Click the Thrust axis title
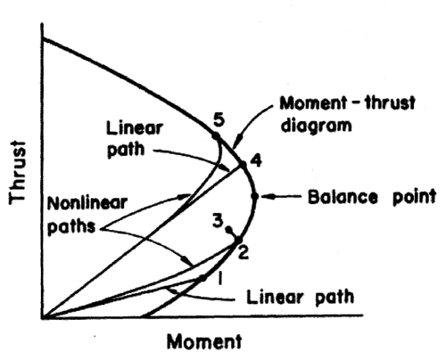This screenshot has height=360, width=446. point(17,172)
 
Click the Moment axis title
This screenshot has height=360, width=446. point(204,341)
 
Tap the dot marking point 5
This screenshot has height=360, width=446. point(216,136)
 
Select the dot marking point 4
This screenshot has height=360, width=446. point(244,164)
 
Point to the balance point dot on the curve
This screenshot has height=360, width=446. point(254,196)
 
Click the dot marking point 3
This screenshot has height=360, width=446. point(229,229)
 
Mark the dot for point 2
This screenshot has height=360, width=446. point(238,240)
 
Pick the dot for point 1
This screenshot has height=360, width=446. point(202,278)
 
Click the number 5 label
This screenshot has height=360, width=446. point(219,120)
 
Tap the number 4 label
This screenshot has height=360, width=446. point(256,160)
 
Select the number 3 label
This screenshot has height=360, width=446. point(218,221)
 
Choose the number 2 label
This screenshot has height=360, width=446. point(244,253)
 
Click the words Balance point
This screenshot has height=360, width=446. point(372,197)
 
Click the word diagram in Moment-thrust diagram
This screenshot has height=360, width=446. point(316,126)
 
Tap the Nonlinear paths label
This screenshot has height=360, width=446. point(87,215)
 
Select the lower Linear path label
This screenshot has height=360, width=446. point(301,297)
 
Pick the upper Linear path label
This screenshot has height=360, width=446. point(135,139)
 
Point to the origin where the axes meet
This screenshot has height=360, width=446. point(43,317)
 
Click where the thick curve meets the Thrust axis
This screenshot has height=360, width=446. point(43,38)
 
